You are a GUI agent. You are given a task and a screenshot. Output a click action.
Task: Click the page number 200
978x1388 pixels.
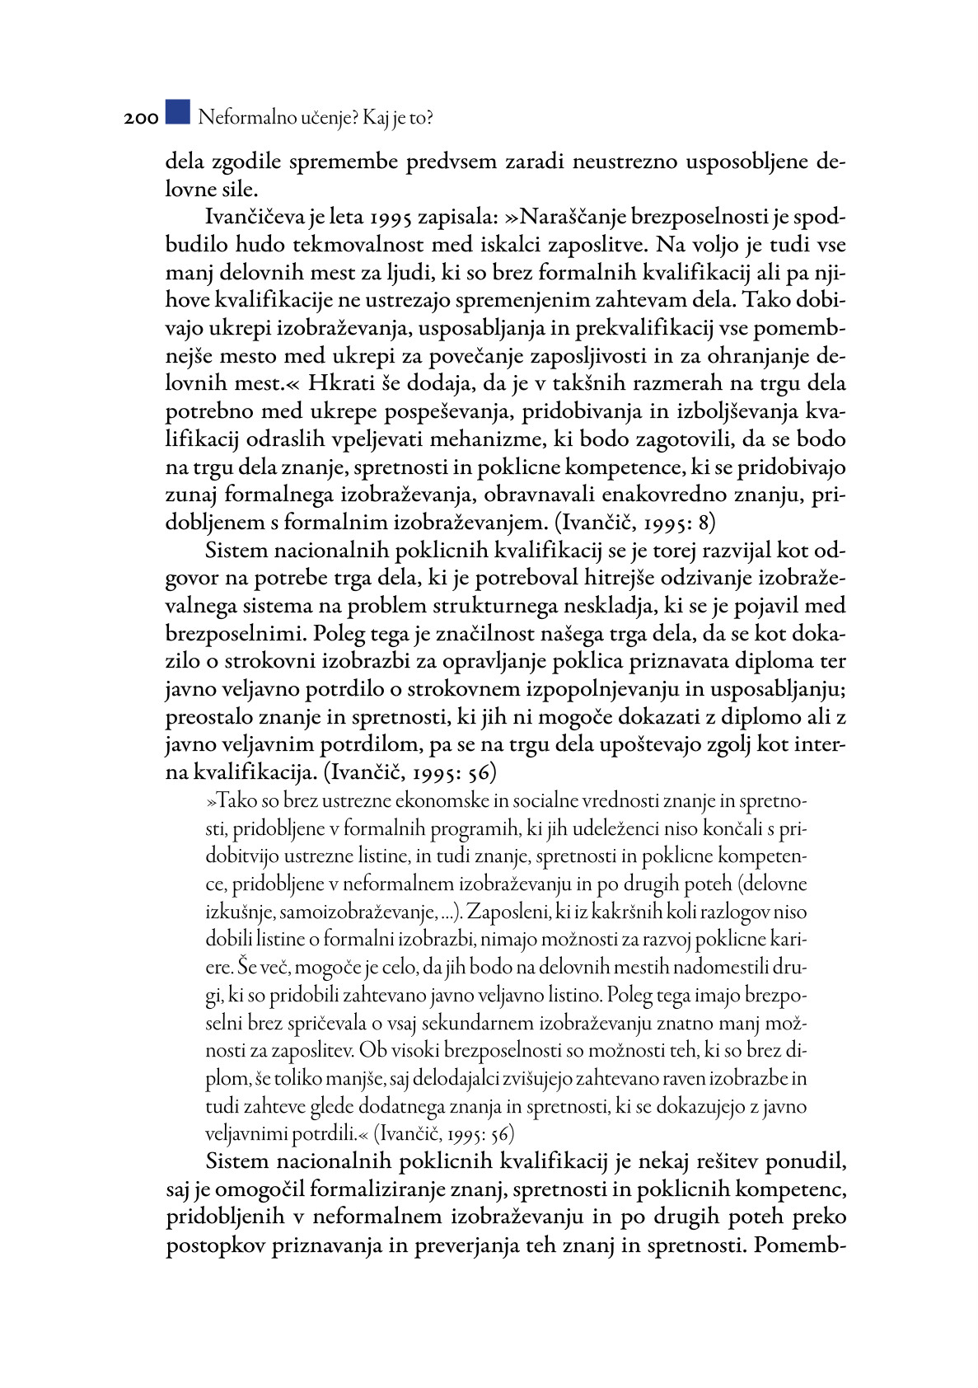141,120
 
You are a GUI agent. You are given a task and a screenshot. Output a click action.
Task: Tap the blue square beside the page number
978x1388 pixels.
177,112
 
